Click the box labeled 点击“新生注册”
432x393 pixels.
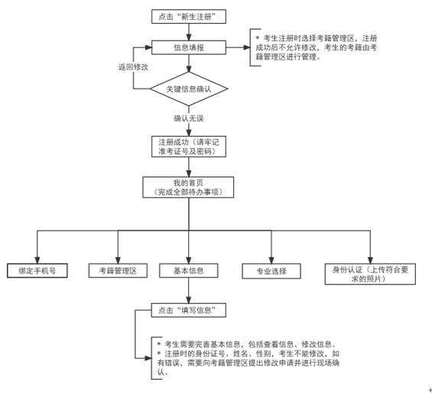(x=189, y=17)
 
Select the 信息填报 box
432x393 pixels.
(x=189, y=48)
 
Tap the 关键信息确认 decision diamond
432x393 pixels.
(x=189, y=89)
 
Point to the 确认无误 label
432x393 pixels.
(x=189, y=118)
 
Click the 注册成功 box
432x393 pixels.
(x=189, y=146)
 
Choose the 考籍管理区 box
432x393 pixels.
(x=117, y=271)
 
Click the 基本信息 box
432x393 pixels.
(x=189, y=271)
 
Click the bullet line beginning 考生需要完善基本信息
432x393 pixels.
(x=245, y=344)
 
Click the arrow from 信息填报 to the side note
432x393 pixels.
(x=238, y=48)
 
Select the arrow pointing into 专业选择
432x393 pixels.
(x=270, y=248)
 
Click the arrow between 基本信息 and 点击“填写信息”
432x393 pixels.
(x=189, y=291)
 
